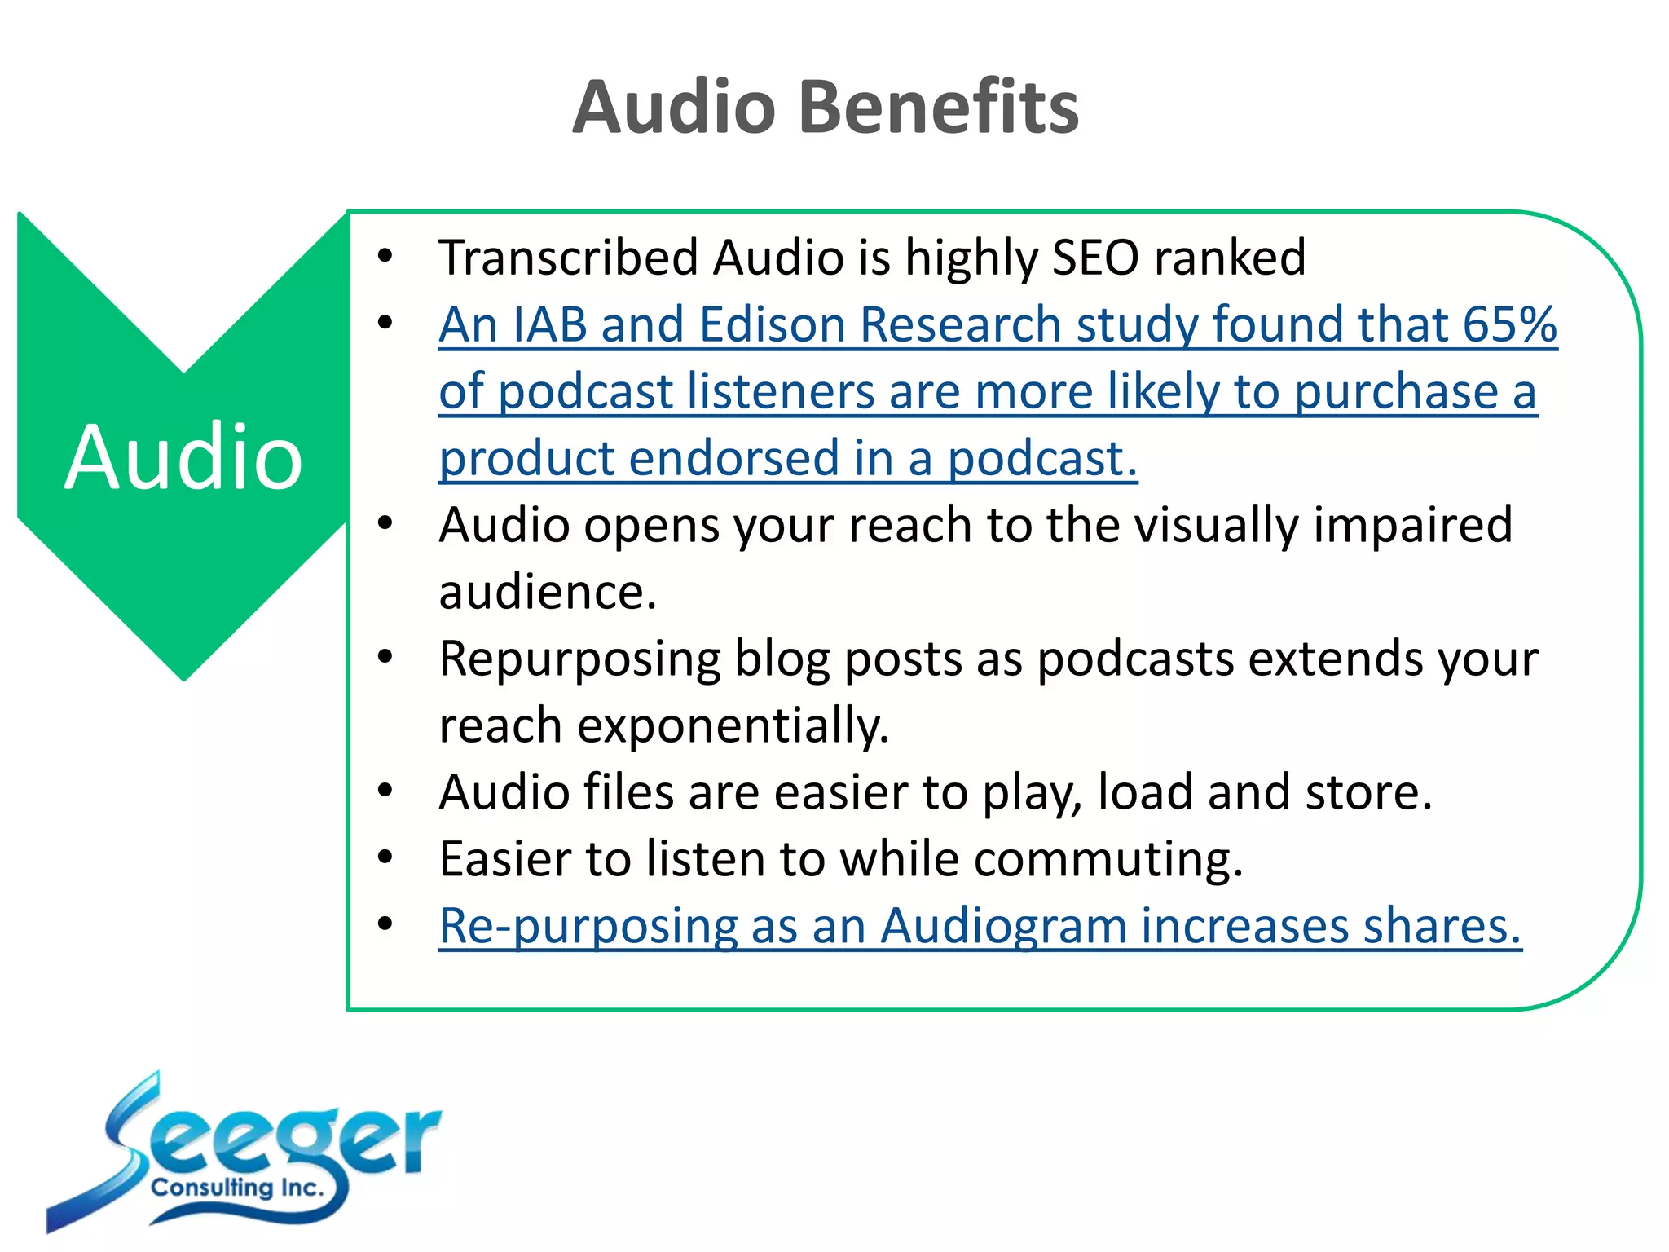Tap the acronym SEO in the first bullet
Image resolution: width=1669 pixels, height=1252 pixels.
pos(1095,258)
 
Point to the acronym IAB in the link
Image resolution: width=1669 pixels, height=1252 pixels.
pos(550,324)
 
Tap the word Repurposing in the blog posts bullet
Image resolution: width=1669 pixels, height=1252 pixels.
pos(579,659)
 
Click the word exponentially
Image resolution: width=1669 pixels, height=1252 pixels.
pos(733,725)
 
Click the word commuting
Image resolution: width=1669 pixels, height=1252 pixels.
pos(1108,859)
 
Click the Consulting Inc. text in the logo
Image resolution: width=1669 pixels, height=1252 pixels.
pos(237,1188)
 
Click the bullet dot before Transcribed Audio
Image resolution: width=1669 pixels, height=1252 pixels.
pos(385,257)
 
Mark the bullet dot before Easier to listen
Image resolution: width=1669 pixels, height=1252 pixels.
pos(385,857)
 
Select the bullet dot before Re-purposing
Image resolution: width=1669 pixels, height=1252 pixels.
pos(385,924)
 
